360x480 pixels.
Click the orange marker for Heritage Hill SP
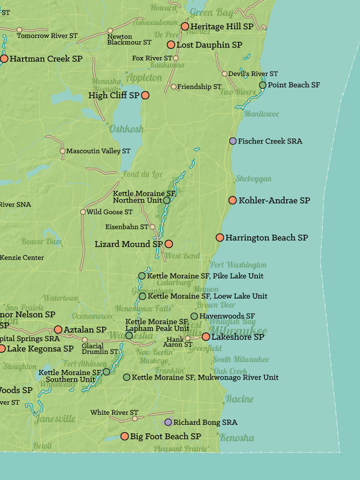(185, 26)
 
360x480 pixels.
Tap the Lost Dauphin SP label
(209, 45)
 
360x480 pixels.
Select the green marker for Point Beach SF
(263, 85)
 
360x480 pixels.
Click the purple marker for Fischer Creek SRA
(233, 141)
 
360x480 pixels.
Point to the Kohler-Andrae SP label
(274, 200)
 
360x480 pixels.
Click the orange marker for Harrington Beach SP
(220, 237)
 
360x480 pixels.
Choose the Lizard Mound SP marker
(168, 244)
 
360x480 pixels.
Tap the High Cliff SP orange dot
(145, 96)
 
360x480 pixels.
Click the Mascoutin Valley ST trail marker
(62, 151)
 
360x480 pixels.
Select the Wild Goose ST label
(109, 212)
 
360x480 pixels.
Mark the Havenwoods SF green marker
(194, 316)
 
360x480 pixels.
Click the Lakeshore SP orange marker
(206, 337)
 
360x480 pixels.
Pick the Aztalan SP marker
(58, 329)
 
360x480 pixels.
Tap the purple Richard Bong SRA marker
(168, 422)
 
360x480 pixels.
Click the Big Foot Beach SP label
(165, 436)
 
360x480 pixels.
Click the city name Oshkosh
(126, 129)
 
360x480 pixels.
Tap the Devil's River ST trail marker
(224, 74)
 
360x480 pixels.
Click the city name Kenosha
(237, 438)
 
